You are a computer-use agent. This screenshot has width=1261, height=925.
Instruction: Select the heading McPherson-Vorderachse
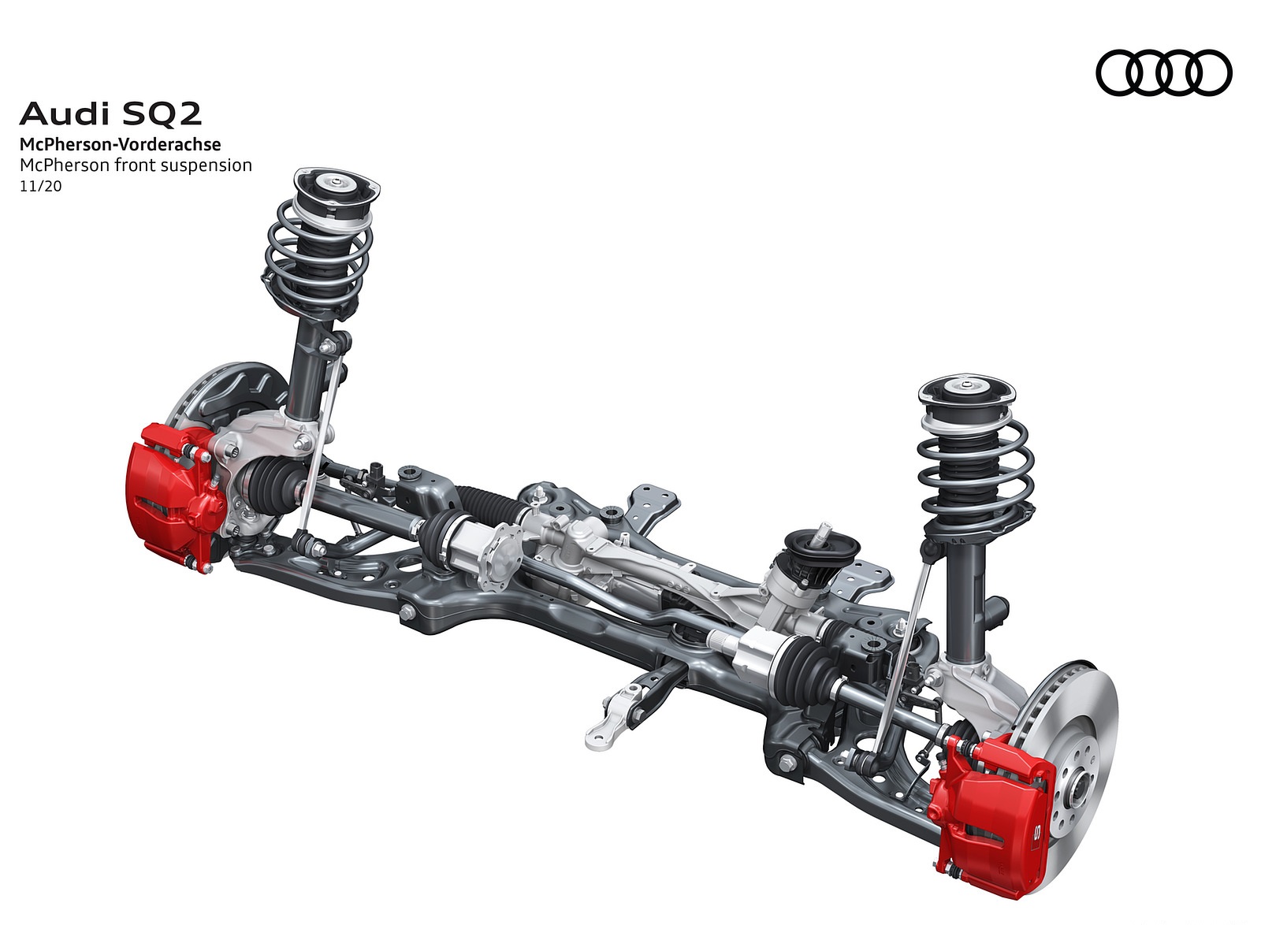tap(120, 145)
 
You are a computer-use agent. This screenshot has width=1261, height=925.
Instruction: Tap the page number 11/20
tap(40, 186)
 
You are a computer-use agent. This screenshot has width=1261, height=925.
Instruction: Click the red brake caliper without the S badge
tap(172, 495)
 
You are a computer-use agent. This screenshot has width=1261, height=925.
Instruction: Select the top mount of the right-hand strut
tap(966, 394)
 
